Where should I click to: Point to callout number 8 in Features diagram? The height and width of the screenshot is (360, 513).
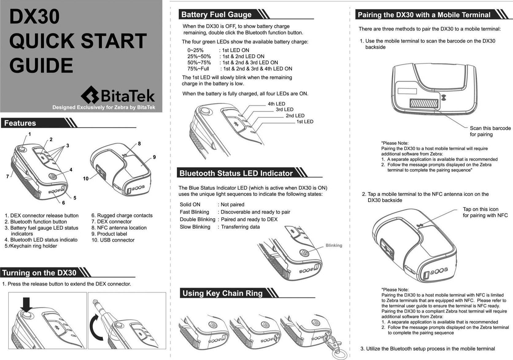(x=139, y=144)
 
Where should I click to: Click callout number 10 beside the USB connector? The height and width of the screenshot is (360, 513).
(x=86, y=179)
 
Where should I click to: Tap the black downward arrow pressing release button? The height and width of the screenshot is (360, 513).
(x=27, y=304)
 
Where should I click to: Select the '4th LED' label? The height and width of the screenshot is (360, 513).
(x=276, y=104)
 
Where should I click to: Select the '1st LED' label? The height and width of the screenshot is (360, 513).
(x=304, y=122)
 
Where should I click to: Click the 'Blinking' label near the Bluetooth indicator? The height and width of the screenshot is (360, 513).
(x=334, y=245)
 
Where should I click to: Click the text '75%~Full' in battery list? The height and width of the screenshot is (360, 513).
(x=198, y=69)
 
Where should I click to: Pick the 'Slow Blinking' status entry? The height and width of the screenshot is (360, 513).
(x=195, y=227)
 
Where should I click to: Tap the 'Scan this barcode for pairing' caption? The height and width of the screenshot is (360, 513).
(x=490, y=131)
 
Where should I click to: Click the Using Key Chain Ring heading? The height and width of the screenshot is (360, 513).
(x=222, y=293)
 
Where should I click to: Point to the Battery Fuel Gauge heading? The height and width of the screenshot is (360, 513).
(x=216, y=14)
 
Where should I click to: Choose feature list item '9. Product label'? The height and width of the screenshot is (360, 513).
(x=109, y=234)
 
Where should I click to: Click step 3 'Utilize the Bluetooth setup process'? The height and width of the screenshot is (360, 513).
(x=427, y=349)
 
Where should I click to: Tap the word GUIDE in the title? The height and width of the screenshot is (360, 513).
(x=41, y=65)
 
